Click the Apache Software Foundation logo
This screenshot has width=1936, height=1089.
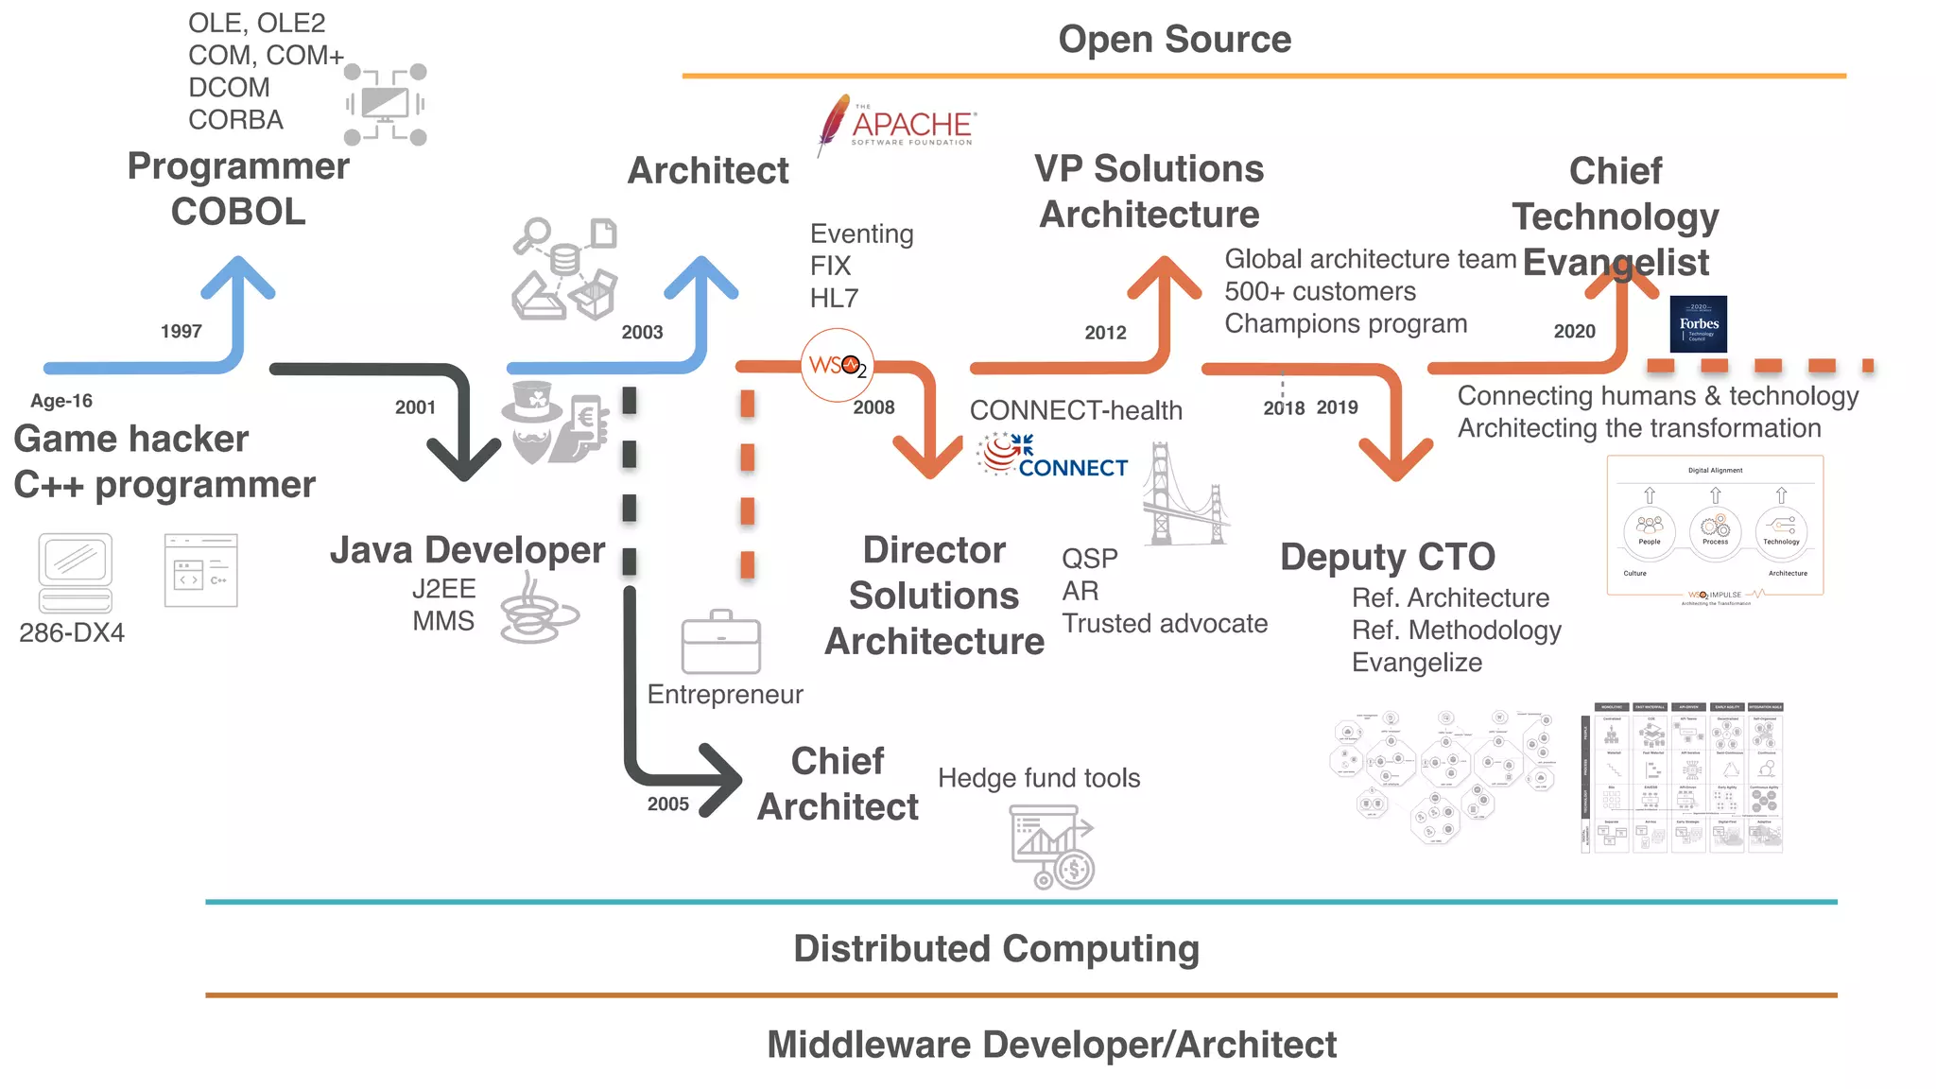[896, 126]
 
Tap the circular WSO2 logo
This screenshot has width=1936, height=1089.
[837, 366]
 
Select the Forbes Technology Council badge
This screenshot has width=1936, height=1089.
[1698, 324]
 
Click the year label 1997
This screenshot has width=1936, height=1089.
[181, 332]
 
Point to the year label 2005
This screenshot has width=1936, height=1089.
[667, 804]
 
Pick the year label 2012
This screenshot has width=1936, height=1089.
[1105, 333]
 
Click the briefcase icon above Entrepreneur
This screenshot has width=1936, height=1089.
[720, 642]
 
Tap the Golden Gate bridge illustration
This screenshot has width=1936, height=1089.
[1184, 495]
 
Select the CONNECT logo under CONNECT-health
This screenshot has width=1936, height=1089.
[1052, 456]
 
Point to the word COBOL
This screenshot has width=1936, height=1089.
[238, 212]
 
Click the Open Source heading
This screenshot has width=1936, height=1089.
[1174, 40]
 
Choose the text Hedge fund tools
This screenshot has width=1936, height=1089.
[1038, 778]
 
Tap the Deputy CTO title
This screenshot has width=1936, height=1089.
[1387, 557]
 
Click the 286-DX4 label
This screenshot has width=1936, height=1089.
[72, 633]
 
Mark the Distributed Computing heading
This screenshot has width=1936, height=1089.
[995, 949]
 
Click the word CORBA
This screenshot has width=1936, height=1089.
[235, 120]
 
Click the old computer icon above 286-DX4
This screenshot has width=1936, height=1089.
[76, 572]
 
